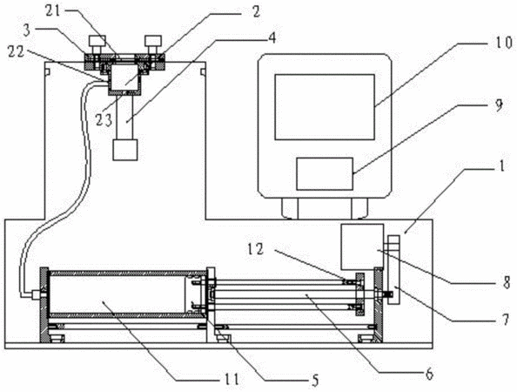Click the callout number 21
click(x=53, y=11)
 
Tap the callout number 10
click(x=503, y=43)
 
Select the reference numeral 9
click(x=499, y=105)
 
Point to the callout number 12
click(x=256, y=250)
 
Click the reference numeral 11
click(x=231, y=380)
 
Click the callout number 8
click(x=507, y=283)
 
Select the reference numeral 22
click(x=17, y=52)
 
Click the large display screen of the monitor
click(x=325, y=107)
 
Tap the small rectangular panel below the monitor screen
click(x=325, y=174)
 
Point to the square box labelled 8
click(x=362, y=247)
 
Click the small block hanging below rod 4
click(x=125, y=150)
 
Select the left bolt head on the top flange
click(x=97, y=41)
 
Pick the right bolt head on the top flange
click(x=153, y=41)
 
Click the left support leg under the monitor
click(x=290, y=208)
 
